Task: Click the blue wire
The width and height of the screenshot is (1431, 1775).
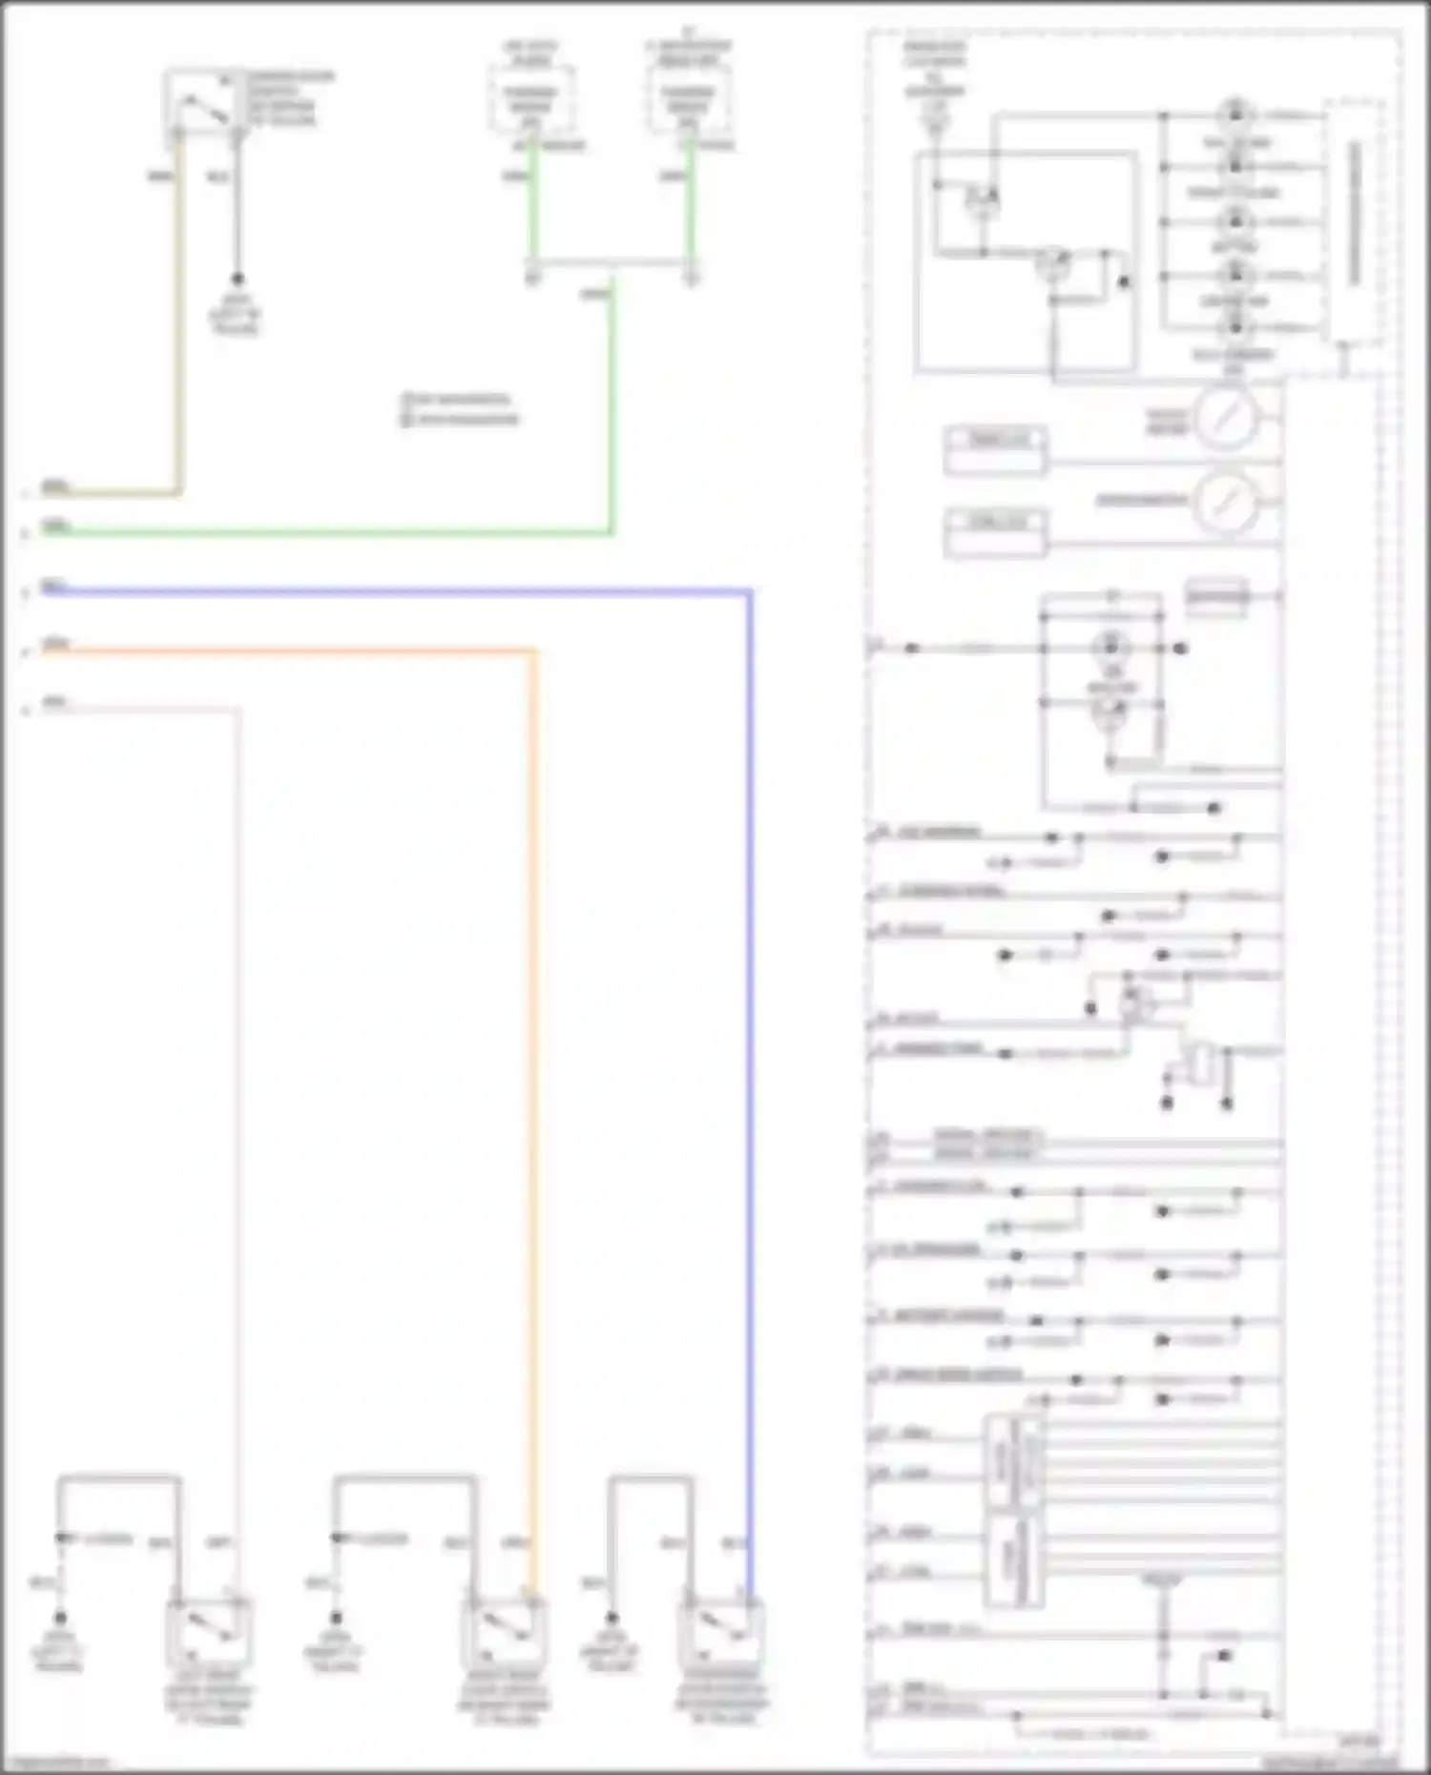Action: pos(750,1049)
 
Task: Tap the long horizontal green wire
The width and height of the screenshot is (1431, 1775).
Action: pos(324,533)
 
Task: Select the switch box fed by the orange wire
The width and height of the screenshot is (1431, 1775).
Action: pos(503,1631)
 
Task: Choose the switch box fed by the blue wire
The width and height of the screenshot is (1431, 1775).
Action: pos(721,1631)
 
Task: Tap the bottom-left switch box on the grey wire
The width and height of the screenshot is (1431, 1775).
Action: pos(209,1631)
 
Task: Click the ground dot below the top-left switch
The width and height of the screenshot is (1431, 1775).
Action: pos(237,279)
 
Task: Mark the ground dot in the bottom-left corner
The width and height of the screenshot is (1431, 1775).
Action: pos(60,1618)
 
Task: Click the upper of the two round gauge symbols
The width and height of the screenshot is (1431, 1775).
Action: pos(1227,417)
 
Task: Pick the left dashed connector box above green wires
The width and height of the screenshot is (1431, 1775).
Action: pos(532,98)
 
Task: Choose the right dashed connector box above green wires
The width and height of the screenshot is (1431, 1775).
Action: pos(689,98)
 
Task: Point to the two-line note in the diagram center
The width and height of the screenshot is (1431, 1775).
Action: pos(460,409)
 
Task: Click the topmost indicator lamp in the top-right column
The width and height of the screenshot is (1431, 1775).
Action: pos(1235,114)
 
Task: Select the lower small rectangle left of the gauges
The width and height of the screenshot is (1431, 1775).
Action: pos(996,532)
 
